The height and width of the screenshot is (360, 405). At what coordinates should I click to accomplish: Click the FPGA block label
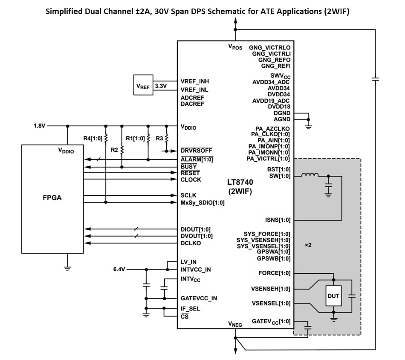point(52,198)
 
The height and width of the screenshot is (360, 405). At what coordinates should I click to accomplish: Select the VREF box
point(143,86)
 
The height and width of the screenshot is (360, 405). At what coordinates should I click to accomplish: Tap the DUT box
point(333,296)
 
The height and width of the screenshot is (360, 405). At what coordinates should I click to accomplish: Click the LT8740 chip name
point(240,183)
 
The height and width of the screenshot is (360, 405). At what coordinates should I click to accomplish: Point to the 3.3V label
point(161,86)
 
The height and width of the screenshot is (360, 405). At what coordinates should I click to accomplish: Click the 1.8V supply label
point(40,126)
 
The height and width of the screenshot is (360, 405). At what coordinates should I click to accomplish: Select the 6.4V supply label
point(119,270)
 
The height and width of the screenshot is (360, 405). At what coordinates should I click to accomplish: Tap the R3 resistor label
point(159,138)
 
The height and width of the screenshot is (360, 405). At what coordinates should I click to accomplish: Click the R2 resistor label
point(114,150)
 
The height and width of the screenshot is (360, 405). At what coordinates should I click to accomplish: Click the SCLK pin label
point(188,195)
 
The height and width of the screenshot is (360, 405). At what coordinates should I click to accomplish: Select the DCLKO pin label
point(191,243)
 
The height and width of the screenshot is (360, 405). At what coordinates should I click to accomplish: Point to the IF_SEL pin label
point(190,308)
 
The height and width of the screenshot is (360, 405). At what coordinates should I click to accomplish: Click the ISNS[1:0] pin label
point(278,220)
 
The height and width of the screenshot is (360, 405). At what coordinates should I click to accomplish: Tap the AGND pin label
point(282,119)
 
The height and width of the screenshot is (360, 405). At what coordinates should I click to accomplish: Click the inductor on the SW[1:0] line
point(310,175)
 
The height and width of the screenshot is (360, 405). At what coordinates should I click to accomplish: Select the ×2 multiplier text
point(309,245)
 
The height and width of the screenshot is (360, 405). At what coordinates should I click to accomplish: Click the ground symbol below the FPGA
point(67,268)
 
